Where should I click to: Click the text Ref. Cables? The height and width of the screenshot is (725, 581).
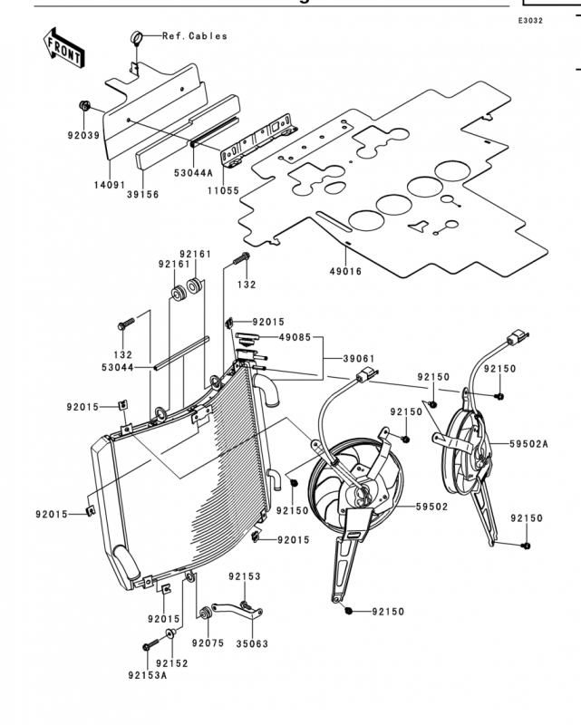(x=195, y=36)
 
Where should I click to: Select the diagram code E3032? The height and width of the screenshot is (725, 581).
(x=530, y=21)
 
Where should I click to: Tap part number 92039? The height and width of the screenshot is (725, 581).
(x=83, y=135)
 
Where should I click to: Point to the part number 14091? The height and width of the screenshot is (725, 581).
(x=110, y=185)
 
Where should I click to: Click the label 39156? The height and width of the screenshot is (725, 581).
(x=143, y=195)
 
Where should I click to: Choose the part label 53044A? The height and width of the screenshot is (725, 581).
(x=193, y=173)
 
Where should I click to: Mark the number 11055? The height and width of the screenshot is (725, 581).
(x=223, y=190)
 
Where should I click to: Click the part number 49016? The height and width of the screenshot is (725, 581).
(x=345, y=271)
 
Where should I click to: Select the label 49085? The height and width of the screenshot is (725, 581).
(x=295, y=337)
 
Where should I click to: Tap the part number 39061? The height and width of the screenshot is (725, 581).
(x=359, y=358)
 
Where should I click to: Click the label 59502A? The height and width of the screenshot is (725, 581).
(x=529, y=444)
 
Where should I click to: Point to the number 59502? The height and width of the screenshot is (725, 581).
(x=432, y=507)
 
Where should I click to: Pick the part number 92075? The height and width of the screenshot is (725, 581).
(x=208, y=643)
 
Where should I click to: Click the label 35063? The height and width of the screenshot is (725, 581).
(x=252, y=643)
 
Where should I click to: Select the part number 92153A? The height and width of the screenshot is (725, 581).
(x=148, y=675)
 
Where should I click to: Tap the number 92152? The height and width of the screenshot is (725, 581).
(x=172, y=663)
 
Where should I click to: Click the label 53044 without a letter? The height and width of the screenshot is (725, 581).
(x=118, y=368)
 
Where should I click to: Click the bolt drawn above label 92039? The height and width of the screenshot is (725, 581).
(x=84, y=105)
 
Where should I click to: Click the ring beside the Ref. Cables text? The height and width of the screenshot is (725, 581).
(x=136, y=37)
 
